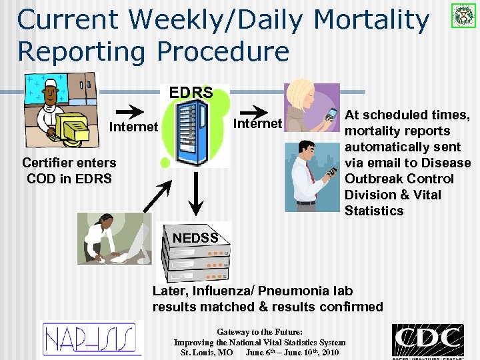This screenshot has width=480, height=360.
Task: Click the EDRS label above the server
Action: tap(191, 92)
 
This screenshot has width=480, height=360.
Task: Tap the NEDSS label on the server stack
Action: tap(195, 237)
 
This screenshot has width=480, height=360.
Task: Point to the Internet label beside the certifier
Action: tap(133, 127)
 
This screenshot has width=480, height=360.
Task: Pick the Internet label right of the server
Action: tap(257, 123)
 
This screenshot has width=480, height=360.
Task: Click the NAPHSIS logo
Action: tap(92, 339)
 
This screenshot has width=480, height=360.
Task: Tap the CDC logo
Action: tap(427, 340)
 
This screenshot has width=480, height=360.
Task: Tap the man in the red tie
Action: tap(313, 175)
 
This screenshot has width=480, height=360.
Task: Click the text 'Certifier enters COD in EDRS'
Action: tap(69, 171)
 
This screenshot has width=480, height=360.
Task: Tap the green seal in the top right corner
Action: tap(461, 15)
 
